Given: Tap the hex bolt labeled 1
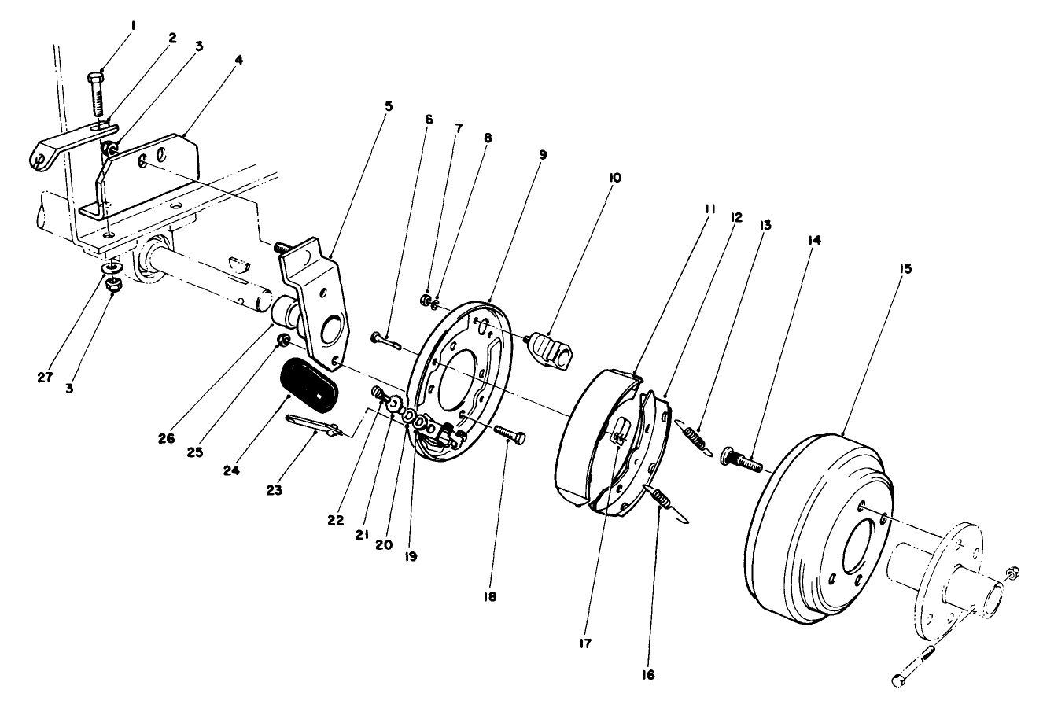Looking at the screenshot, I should tap(97, 94).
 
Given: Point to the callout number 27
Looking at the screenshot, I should tap(46, 377).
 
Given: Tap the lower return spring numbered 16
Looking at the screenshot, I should tap(665, 499).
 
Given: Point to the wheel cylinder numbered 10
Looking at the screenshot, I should tap(549, 348).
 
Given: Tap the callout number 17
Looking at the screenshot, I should tap(586, 643).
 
